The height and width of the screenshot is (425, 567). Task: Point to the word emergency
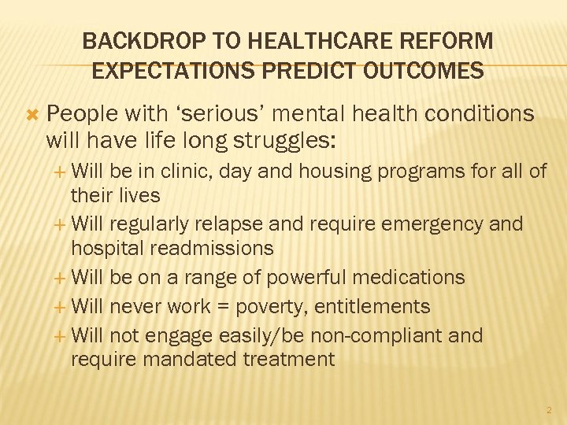[424, 224]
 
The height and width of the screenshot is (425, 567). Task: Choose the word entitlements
[372, 307]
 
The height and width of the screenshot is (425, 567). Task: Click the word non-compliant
[369, 336]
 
